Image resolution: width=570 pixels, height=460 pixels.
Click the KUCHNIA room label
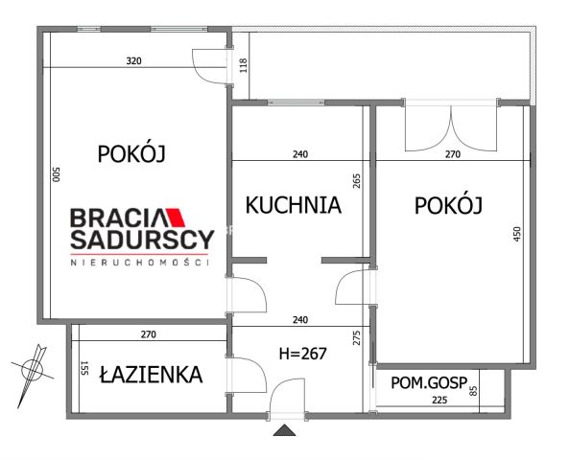click(x=293, y=204)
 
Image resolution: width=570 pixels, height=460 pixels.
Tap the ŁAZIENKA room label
click(x=151, y=375)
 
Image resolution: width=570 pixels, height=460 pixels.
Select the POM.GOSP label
click(x=428, y=383)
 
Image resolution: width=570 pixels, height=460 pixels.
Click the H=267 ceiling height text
click(x=302, y=353)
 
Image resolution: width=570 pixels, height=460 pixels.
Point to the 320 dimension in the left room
click(x=133, y=61)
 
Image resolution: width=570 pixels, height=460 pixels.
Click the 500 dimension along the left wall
click(x=57, y=176)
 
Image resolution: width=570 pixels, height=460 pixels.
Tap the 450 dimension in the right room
click(x=517, y=232)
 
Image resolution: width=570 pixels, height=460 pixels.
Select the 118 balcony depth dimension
click(x=243, y=66)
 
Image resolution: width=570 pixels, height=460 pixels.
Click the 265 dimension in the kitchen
click(x=356, y=181)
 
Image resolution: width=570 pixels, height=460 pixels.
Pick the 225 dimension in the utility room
click(x=439, y=401)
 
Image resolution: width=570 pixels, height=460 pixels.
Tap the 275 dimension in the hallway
click(x=356, y=337)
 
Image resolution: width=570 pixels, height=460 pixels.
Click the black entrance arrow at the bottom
click(x=285, y=431)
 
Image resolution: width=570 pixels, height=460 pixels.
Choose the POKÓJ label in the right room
click(x=447, y=205)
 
